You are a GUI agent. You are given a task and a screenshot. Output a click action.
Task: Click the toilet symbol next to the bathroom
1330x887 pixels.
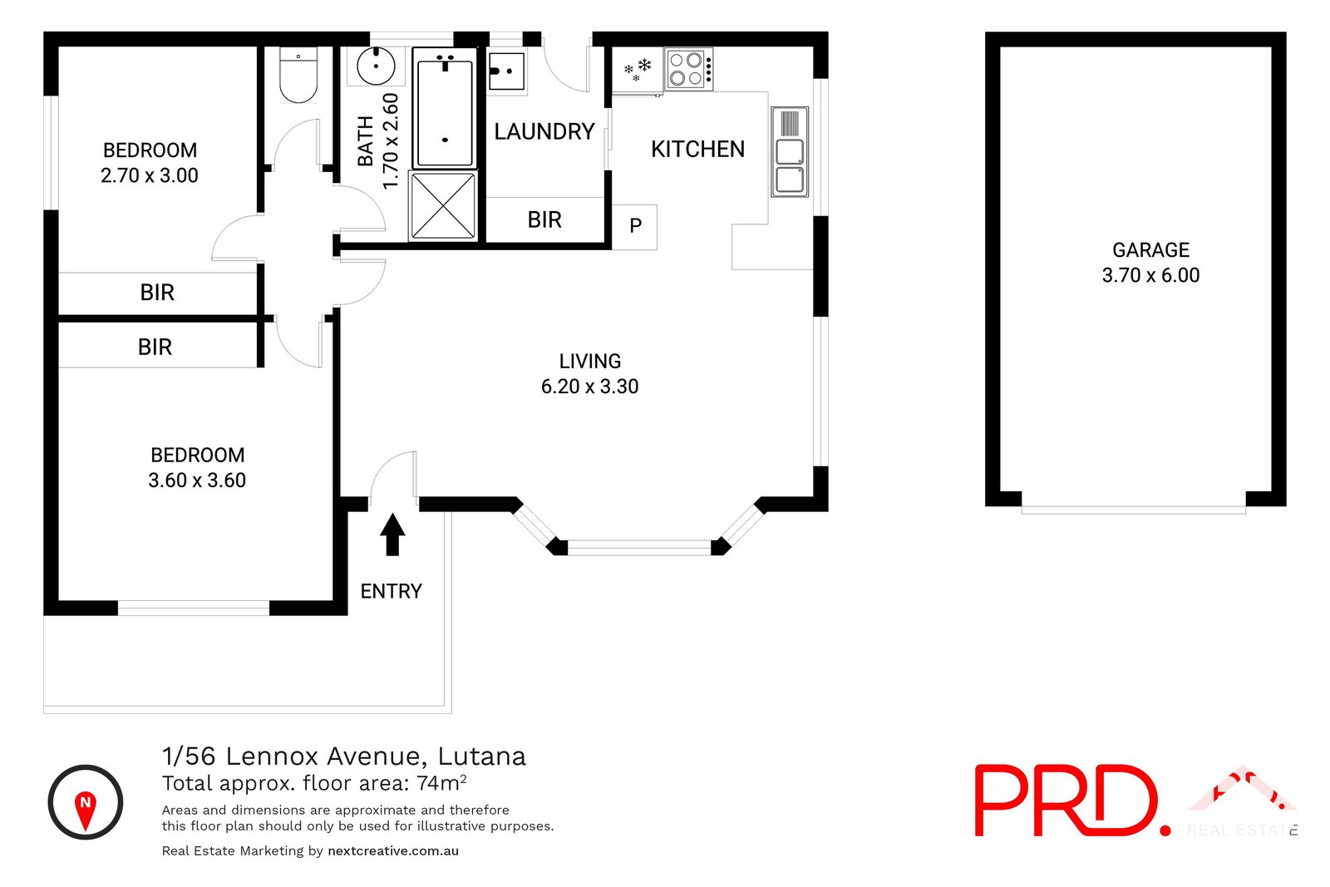(x=298, y=76)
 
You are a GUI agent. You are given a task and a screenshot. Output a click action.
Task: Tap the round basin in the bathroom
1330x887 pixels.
(x=376, y=67)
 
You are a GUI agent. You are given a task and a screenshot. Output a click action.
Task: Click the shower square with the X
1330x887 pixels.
(x=443, y=205)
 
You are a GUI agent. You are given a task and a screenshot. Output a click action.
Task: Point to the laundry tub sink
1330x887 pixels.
(x=505, y=71)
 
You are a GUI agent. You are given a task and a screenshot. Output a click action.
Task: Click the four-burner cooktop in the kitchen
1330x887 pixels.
(x=688, y=69)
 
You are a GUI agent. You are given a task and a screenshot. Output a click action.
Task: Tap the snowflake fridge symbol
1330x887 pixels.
(x=638, y=70)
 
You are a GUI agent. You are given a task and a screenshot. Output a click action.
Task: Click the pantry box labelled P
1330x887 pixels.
(x=635, y=226)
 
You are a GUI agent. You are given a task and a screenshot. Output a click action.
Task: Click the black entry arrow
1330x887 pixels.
(x=392, y=534)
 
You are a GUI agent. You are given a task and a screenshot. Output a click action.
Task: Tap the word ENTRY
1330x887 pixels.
(x=391, y=591)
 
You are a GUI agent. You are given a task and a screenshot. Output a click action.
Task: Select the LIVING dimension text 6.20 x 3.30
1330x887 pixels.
(x=589, y=387)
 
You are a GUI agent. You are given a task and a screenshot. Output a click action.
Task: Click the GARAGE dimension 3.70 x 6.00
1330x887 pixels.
(x=1150, y=275)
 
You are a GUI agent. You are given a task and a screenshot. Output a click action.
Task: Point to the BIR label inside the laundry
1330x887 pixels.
(x=544, y=220)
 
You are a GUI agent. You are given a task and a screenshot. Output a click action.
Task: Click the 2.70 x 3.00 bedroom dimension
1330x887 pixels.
(x=150, y=175)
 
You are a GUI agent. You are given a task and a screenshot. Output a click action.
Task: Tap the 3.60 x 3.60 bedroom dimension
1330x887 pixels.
(x=197, y=480)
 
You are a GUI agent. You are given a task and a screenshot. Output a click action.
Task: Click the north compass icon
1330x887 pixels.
(x=86, y=802)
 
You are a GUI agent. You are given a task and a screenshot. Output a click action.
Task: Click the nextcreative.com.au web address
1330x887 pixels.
(x=393, y=850)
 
